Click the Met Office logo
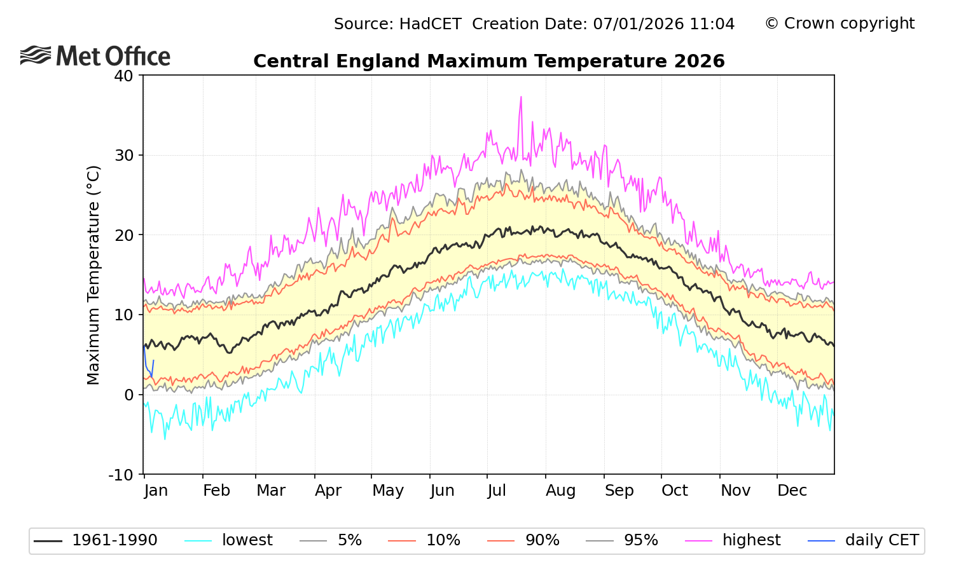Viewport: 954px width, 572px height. coord(95,56)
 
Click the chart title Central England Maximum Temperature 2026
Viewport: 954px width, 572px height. coord(488,61)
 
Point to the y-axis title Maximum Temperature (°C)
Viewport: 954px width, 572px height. coord(93,275)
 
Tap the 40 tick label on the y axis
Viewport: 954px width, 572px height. coord(123,76)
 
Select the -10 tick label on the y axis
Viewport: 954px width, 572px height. coord(121,475)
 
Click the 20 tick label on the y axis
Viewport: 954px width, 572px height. coord(123,235)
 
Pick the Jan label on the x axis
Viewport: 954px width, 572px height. coord(156,491)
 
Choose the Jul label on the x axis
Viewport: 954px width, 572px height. coord(497,491)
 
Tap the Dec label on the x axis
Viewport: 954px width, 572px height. coord(792,491)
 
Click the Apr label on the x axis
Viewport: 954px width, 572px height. coord(328,491)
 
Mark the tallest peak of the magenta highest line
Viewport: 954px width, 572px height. coord(521,97)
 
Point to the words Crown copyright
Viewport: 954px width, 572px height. coord(849,24)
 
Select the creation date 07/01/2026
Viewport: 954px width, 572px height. coord(638,24)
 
